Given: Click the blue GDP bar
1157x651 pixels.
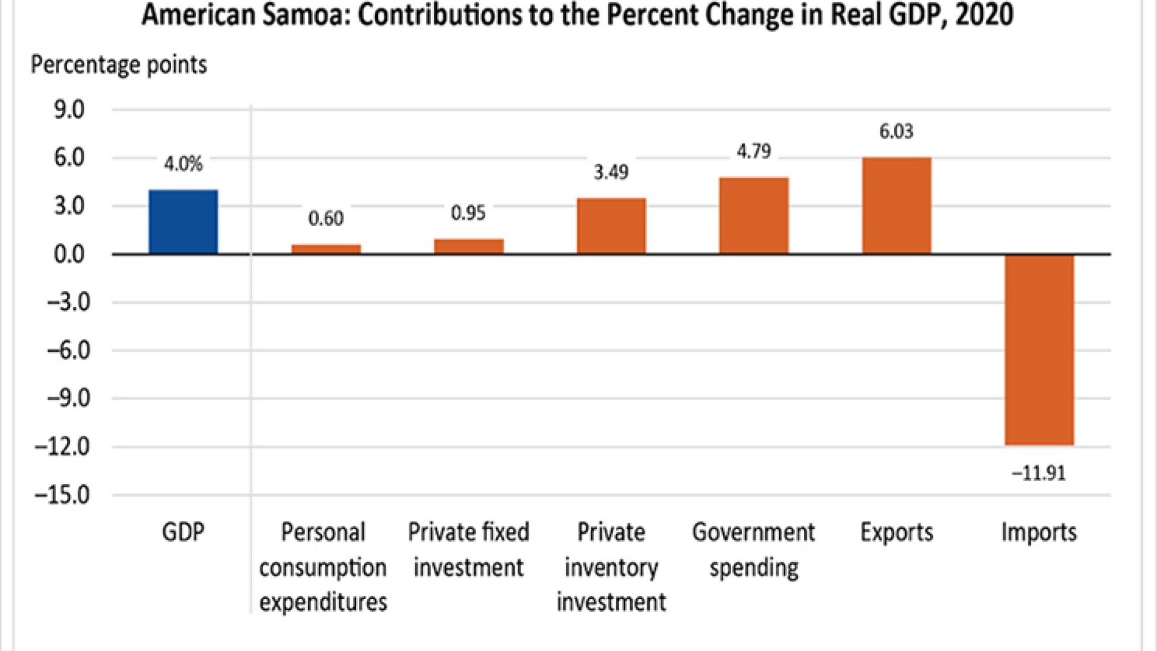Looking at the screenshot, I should pos(183,221).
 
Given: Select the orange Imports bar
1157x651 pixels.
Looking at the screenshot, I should pos(1039,350).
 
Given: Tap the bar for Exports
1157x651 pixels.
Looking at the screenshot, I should pos(896,205).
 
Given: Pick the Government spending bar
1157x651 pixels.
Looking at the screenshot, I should pos(753,215).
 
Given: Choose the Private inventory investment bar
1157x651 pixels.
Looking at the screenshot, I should pos(611,225).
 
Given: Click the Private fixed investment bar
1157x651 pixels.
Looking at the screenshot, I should pos(468,246).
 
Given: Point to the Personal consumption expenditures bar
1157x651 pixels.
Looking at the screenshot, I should pos(326,248).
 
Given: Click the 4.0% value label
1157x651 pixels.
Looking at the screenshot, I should pos(183,164).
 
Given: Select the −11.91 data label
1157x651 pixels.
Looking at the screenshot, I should pos(1039,473).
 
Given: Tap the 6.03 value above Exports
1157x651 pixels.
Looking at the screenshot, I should pos(896,131).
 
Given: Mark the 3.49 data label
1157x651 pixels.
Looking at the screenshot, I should pos(611,172).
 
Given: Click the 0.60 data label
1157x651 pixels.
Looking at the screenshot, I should pos(326,218).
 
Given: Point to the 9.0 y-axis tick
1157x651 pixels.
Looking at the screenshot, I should pos(69,110).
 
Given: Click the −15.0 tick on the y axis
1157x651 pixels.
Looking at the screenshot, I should pos(63,495).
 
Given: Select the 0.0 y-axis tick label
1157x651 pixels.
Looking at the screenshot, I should pos(69,254).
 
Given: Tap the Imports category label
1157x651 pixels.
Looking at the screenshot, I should pos(1039,532).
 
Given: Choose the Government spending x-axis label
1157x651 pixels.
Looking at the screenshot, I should pos(753,550).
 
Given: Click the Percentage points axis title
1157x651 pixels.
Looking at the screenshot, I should pos(119,64).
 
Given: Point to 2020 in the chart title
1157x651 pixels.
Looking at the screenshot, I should pos(984,14).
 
